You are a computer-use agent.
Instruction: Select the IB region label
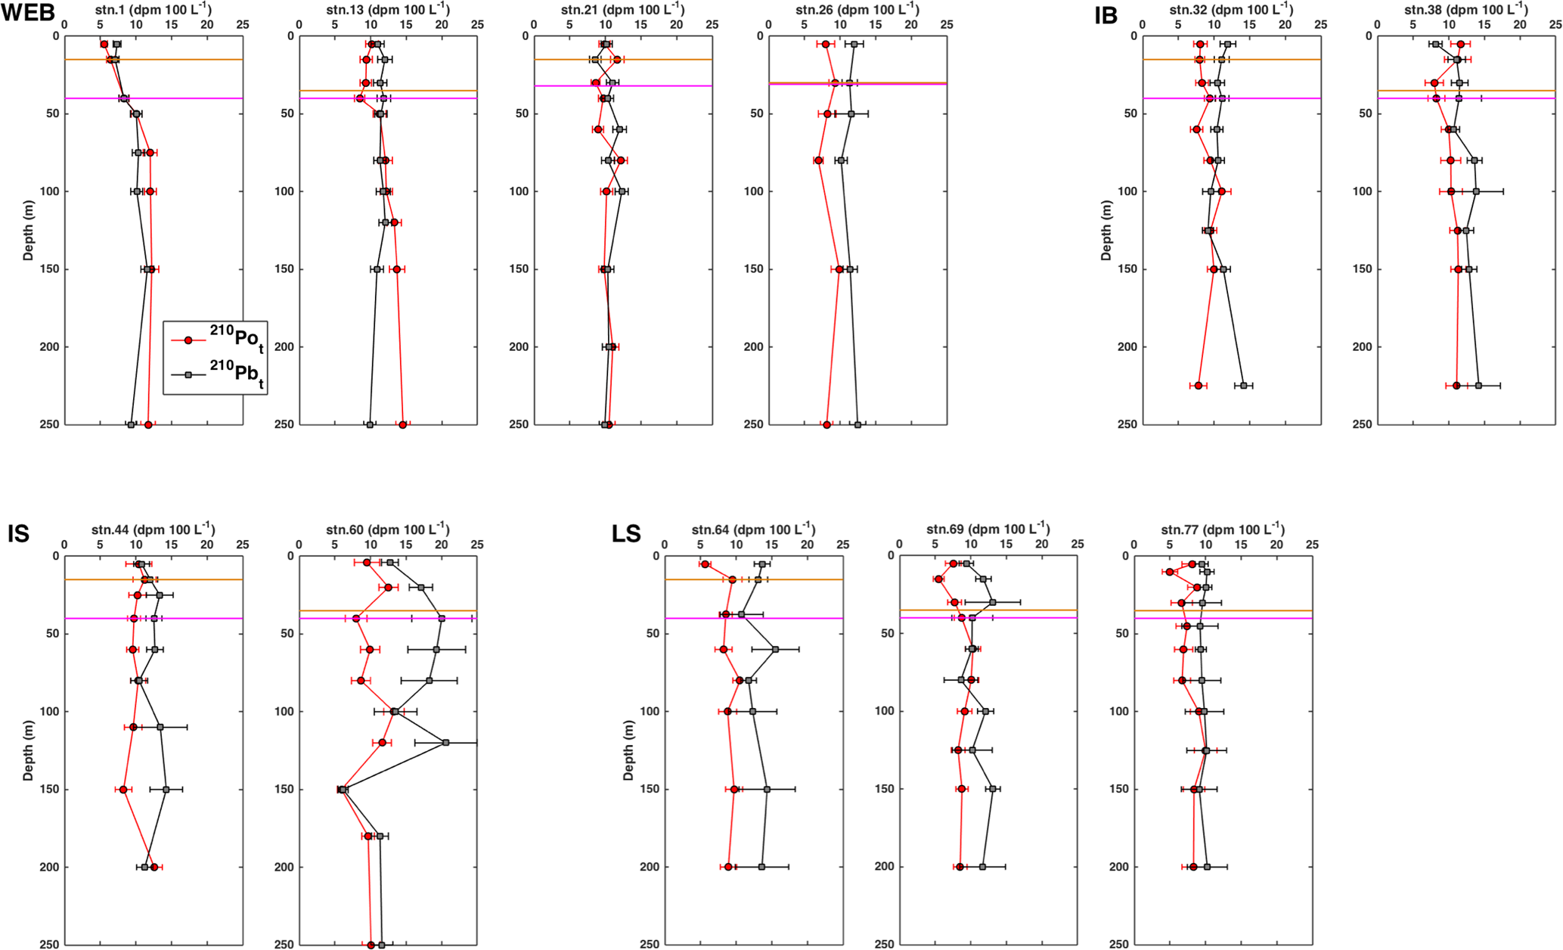pos(1106,15)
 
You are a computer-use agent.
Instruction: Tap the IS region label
pos(18,534)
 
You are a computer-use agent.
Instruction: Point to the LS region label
pos(626,534)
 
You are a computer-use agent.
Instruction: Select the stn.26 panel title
pos(857,10)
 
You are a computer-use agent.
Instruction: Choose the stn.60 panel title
pos(387,529)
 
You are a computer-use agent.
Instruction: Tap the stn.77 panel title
pos(1223,529)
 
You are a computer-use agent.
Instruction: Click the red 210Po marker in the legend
pos(188,340)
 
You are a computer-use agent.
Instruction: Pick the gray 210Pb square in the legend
pos(188,374)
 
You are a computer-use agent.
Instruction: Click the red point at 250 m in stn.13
pos(403,425)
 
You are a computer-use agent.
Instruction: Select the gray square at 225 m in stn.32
pos(1244,386)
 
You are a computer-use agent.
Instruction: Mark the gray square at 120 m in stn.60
pos(446,743)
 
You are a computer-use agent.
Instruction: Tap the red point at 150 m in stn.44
pos(123,790)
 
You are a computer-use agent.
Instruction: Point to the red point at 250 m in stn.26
pos(826,425)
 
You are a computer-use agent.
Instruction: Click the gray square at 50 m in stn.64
pos(775,650)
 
